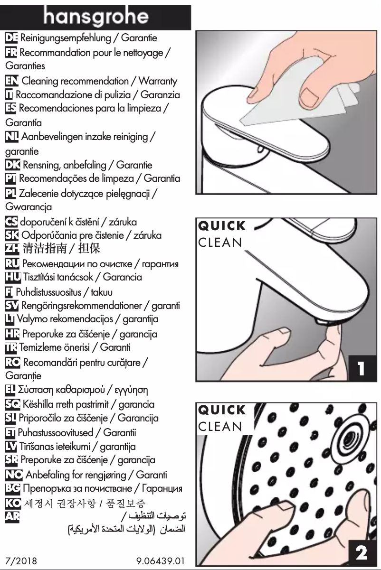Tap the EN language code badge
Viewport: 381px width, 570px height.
pos(10,82)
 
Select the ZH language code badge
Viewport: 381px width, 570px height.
pos(10,248)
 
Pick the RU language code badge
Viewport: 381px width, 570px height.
pos(10,263)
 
